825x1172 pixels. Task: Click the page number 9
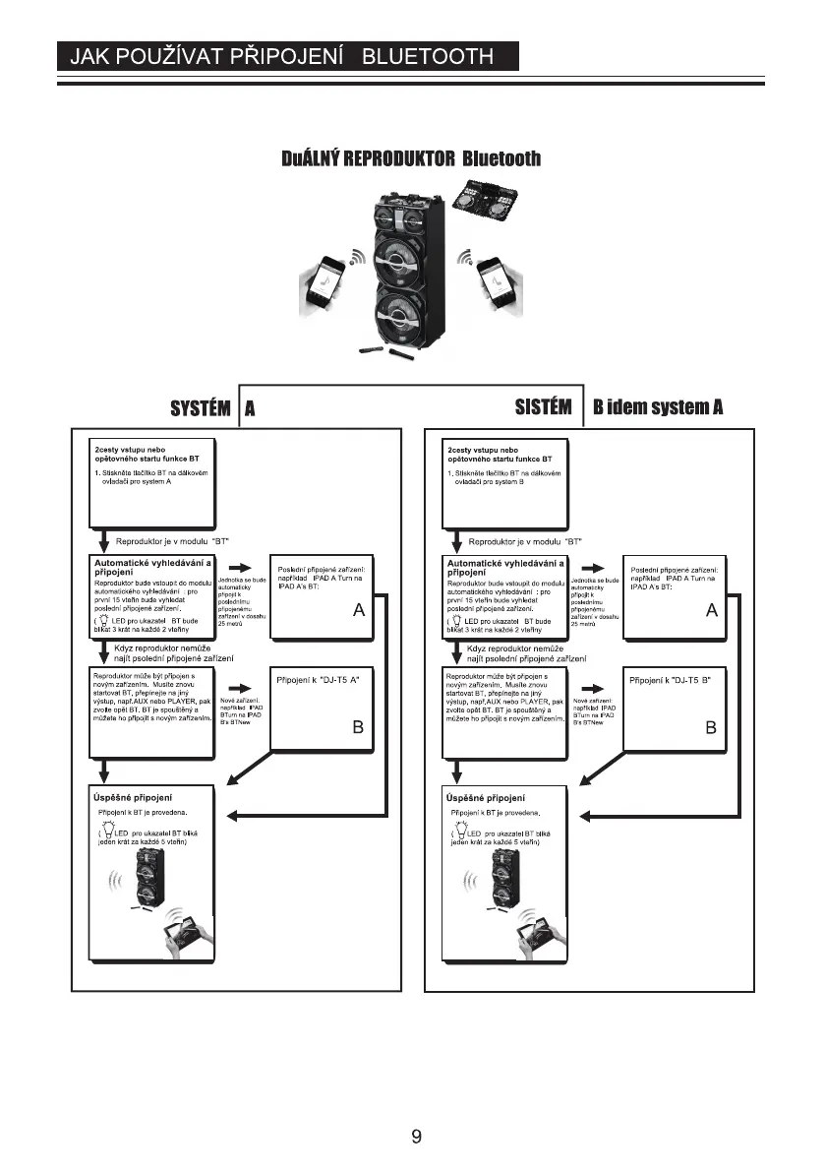coord(417,1137)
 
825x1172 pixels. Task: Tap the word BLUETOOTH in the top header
coord(429,56)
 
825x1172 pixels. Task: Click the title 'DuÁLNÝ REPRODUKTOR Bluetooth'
coord(412,159)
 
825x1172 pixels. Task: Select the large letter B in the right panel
coord(710,729)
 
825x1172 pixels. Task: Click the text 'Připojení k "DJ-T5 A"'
coord(317,680)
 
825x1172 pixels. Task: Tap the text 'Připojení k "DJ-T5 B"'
coord(670,680)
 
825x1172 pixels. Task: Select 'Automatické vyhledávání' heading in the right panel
coord(505,563)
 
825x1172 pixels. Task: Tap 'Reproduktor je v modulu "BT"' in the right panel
coord(525,541)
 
